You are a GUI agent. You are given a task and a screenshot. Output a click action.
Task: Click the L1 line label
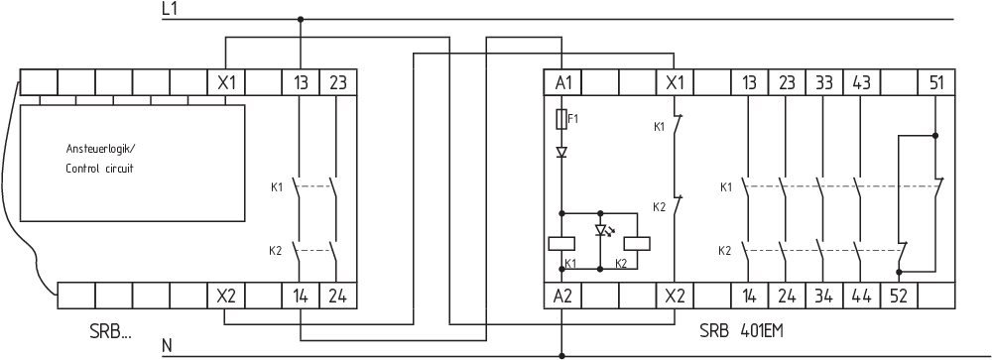169,8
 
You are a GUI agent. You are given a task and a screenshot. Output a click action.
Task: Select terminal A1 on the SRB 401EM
562,82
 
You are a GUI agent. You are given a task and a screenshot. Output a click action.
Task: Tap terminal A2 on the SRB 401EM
562,296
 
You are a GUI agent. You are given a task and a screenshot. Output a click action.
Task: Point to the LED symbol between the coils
601,230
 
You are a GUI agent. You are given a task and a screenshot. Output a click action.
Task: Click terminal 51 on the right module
935,82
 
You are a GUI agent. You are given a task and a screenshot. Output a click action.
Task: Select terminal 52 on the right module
899,296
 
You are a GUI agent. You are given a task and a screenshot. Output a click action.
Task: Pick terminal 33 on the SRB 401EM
824,82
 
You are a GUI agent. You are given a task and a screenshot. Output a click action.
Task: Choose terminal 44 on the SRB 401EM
861,296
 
